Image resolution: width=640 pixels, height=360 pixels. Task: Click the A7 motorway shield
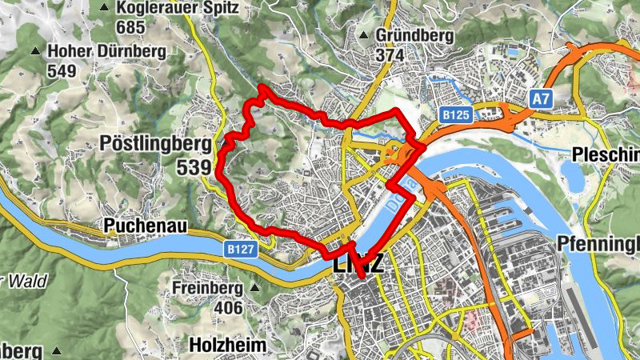(x=542, y=98)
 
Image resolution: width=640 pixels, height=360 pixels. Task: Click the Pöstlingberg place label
(x=156, y=144)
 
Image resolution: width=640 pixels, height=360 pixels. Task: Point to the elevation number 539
(x=194, y=168)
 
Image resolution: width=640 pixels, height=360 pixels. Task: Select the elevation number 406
(x=228, y=307)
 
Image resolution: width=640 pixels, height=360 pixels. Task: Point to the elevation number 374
(x=392, y=55)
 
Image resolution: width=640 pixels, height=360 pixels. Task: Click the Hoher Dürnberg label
(x=106, y=52)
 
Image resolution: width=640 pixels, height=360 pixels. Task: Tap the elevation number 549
(x=61, y=71)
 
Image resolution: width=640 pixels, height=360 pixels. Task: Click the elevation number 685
(x=130, y=27)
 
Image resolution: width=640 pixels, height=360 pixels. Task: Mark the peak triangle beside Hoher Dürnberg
(x=35, y=52)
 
